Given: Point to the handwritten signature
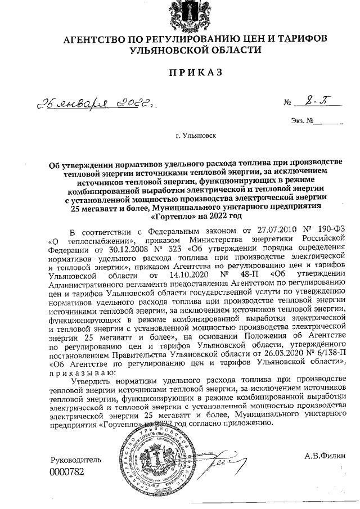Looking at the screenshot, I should (220, 463).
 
